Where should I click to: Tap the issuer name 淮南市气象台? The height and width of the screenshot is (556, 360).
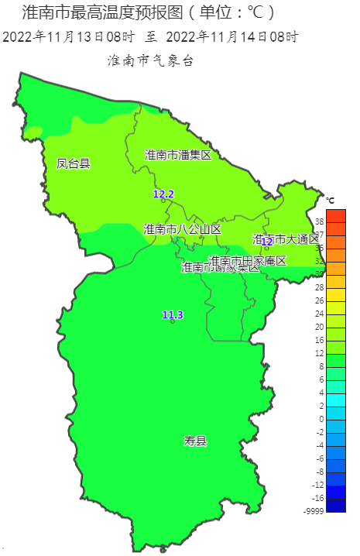tap(150, 60)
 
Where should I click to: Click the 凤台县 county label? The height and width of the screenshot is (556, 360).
tap(74, 163)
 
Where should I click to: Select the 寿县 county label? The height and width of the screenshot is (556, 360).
tap(195, 441)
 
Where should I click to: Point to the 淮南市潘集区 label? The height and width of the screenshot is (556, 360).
tap(178, 155)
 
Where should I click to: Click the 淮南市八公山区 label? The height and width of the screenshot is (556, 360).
tap(182, 229)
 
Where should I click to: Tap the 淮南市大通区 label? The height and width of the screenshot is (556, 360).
tap(286, 239)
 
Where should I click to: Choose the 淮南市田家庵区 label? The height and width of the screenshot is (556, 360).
tap(248, 260)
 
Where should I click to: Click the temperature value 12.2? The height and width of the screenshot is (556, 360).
tap(163, 194)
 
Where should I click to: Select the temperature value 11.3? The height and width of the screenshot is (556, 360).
tap(173, 314)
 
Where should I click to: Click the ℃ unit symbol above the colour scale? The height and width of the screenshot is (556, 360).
tap(331, 201)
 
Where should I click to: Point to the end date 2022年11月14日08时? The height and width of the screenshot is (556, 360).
tap(231, 36)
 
